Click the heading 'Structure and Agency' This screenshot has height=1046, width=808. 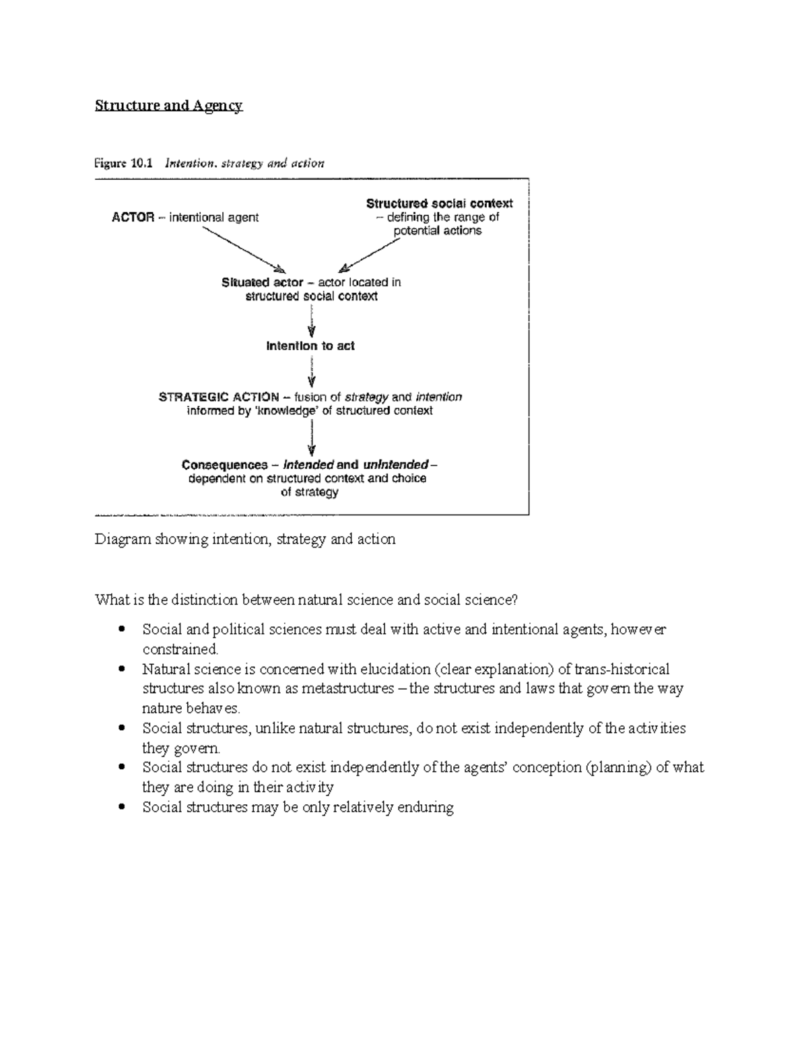(x=168, y=106)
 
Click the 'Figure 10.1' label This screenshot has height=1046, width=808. (x=124, y=163)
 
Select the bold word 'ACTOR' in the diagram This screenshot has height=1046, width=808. (x=133, y=218)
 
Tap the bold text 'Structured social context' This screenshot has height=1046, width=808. (x=439, y=203)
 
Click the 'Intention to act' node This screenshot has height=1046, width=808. (x=310, y=346)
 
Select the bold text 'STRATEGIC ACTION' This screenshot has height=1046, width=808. (x=219, y=397)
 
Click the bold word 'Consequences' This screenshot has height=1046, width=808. (x=224, y=465)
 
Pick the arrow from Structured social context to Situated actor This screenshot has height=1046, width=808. (x=370, y=255)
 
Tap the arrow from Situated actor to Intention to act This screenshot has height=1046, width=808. (x=311, y=321)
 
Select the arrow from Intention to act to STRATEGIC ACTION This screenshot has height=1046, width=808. (x=311, y=371)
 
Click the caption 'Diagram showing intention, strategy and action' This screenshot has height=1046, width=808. (x=245, y=540)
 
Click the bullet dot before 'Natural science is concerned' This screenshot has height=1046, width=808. (x=121, y=669)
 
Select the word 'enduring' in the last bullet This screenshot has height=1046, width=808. (x=426, y=807)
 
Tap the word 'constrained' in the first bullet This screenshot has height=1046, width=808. (x=180, y=649)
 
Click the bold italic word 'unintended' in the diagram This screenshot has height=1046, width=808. (x=395, y=465)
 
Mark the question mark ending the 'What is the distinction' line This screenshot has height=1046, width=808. (x=516, y=600)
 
